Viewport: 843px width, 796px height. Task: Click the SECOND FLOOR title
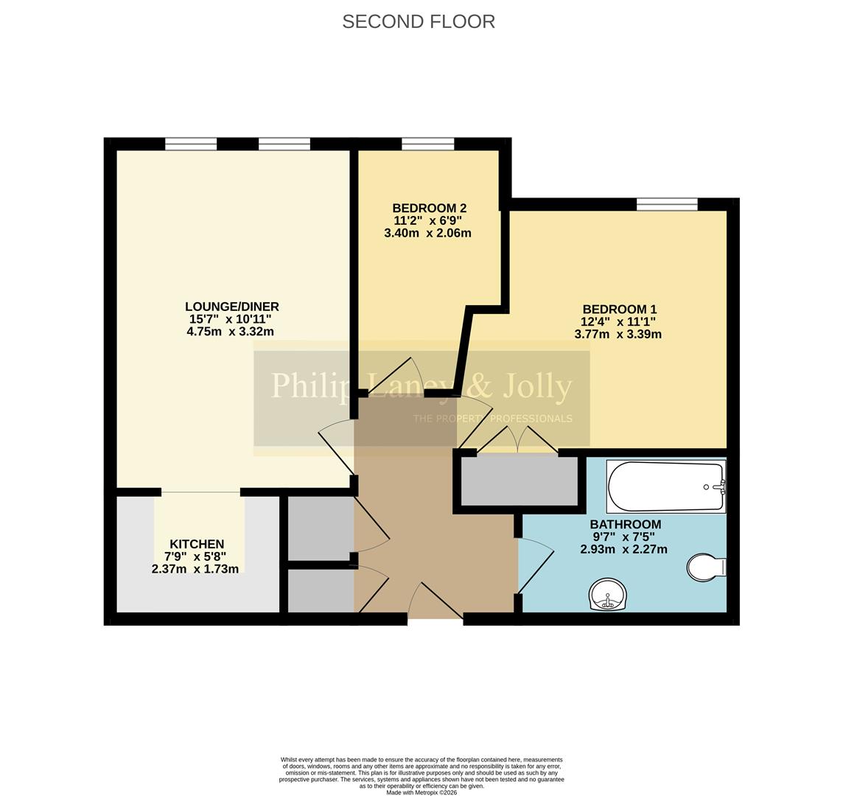click(x=419, y=21)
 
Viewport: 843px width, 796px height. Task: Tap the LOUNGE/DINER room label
click(x=231, y=307)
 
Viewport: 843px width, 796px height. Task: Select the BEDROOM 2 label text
click(x=429, y=209)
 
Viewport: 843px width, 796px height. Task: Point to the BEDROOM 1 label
click(x=619, y=310)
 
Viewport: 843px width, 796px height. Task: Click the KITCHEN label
click(x=196, y=545)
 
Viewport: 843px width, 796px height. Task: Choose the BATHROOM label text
click(x=625, y=524)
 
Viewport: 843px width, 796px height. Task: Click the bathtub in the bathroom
click(x=665, y=486)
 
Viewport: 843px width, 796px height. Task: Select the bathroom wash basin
click(x=608, y=594)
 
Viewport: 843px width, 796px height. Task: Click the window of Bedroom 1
click(x=667, y=204)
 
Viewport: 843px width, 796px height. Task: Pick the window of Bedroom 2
click(x=428, y=144)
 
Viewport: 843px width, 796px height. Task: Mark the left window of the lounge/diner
click(x=191, y=144)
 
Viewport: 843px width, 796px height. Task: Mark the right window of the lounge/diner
click(x=284, y=144)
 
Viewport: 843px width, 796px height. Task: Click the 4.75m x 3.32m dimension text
click(x=230, y=332)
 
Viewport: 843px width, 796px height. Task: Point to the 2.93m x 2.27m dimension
click(x=623, y=549)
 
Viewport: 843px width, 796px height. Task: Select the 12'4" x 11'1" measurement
click(x=618, y=321)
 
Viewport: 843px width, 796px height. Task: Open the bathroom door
click(x=536, y=566)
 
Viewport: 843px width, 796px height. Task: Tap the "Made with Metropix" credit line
click(x=421, y=792)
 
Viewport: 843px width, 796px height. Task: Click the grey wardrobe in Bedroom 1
click(x=519, y=481)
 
